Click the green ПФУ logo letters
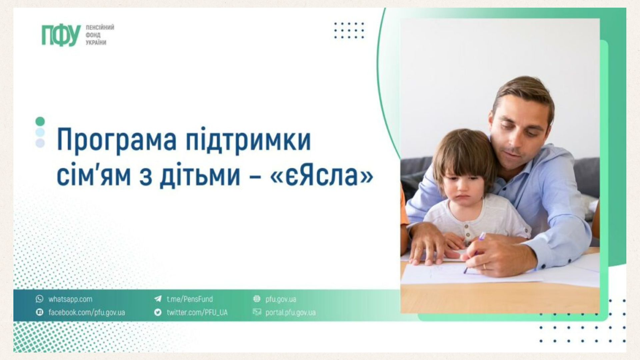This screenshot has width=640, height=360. (61, 35)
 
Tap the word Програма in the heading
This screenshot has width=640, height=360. (117, 140)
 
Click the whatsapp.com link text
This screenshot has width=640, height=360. (70, 299)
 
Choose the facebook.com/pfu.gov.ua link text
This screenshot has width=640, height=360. (87, 313)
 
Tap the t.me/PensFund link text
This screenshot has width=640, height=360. (190, 299)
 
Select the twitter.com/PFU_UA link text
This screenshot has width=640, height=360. (197, 313)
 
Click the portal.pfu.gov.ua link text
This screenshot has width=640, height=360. (290, 313)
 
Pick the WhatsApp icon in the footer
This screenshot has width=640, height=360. (40, 299)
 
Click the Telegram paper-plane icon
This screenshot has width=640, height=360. (158, 299)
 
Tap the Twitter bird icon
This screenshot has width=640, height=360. (158, 312)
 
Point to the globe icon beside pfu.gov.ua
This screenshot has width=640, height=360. (257, 299)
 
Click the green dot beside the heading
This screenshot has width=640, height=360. (40, 121)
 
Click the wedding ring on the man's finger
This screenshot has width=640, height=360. (485, 266)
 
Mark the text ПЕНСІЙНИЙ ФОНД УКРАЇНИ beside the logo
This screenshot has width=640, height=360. (100, 35)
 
